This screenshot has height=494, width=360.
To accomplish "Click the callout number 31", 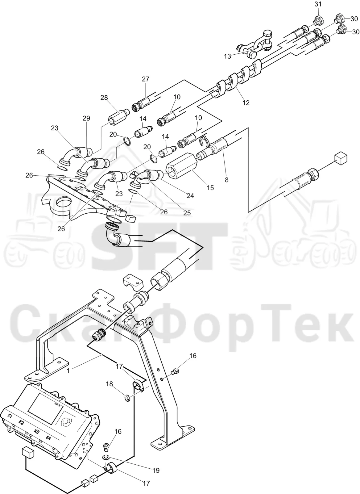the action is [x=318, y=4].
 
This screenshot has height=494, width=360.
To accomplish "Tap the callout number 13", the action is [x=227, y=56].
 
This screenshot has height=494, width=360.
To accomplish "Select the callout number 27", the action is [x=146, y=79].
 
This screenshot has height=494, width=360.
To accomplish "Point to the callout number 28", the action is [x=104, y=98].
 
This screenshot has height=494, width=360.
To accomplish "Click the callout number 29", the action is [x=86, y=118].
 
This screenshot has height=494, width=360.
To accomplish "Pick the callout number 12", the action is [x=246, y=103].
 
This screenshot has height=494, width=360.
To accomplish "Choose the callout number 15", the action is [x=210, y=188].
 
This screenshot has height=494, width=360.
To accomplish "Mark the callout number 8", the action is [x=227, y=180].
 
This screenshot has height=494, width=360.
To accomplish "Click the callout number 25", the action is [x=187, y=213].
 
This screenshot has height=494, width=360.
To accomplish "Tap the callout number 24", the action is [x=190, y=195].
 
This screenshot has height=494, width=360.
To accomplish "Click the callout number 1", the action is [x=68, y=371].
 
